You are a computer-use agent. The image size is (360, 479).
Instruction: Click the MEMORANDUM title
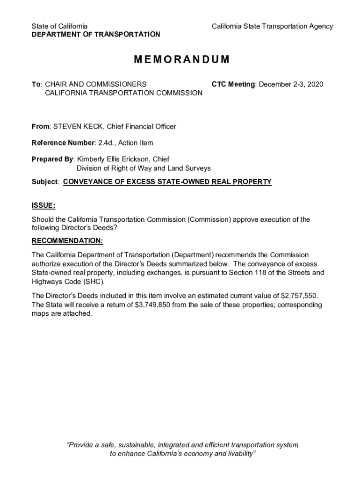pyautogui.click(x=182, y=60)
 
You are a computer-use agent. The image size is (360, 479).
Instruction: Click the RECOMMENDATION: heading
pyautogui.click(x=67, y=241)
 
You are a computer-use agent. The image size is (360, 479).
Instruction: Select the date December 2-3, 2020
pyautogui.click(x=291, y=84)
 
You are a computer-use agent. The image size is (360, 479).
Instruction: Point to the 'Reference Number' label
pyautogui.click(x=63, y=143)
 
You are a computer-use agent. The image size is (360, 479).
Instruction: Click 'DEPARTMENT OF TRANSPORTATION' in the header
pyautogui.click(x=96, y=35)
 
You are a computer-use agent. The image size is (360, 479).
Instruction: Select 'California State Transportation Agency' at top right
pyautogui.click(x=272, y=26)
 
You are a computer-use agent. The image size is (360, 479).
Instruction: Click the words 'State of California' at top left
pyautogui.click(x=59, y=26)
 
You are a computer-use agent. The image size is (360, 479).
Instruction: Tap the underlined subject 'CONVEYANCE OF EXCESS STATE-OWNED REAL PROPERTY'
pyautogui.click(x=167, y=182)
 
